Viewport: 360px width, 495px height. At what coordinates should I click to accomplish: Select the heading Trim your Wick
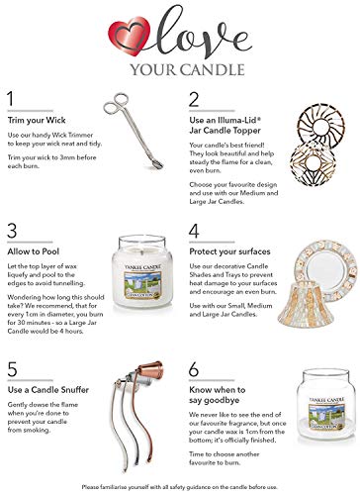[37, 118]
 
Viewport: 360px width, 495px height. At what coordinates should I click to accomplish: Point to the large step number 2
[193, 99]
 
